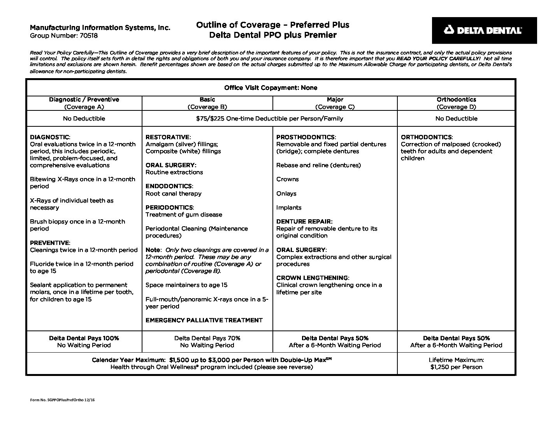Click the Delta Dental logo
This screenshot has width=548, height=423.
484,30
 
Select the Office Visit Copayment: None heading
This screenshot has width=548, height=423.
270,88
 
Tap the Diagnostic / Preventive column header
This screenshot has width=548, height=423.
84,100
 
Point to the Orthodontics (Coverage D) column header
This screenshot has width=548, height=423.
456,103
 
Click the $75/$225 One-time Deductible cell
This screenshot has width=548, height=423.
269,119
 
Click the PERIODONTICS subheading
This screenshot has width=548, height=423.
169,208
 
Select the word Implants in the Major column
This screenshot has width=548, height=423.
289,208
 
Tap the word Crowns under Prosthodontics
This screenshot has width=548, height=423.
287,179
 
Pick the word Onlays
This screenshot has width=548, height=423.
286,194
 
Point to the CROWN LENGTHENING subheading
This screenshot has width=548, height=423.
313,278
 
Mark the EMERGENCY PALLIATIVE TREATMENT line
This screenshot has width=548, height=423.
204,320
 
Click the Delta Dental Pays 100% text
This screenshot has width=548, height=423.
84,338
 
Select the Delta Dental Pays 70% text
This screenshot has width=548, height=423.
207,338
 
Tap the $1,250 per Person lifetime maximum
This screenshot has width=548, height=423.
456,367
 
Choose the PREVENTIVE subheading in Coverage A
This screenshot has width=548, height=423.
50,243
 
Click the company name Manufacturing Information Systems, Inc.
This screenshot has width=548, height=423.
100,28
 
